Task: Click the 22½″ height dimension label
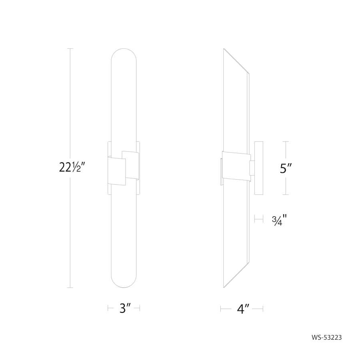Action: (x=72, y=168)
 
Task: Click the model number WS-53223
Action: (x=326, y=337)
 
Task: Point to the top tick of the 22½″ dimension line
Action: (x=70, y=48)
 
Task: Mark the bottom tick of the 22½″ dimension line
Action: (x=70, y=288)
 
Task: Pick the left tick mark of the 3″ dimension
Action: (x=108, y=308)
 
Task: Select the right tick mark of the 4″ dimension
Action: (x=262, y=308)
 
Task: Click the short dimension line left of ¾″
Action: (x=258, y=219)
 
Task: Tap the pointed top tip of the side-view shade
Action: (x=224, y=50)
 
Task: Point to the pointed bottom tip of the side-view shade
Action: (x=224, y=286)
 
